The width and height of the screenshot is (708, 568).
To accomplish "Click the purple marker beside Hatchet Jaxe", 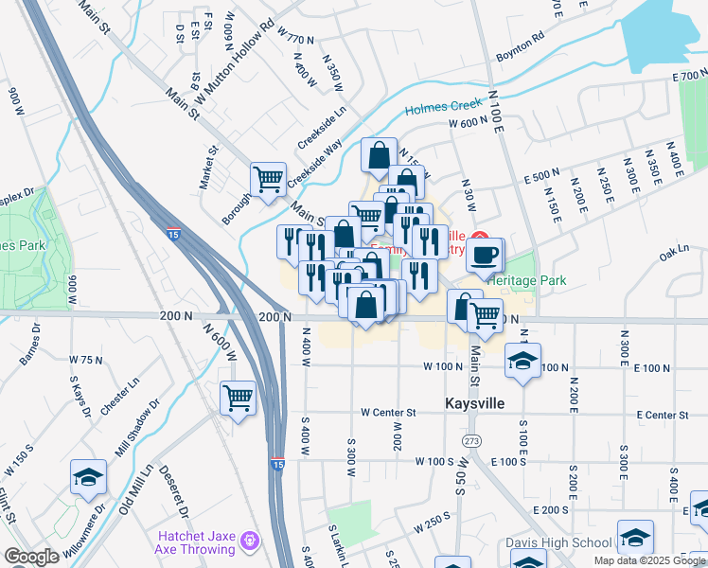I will (x=250, y=541).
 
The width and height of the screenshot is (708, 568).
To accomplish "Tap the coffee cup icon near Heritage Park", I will (x=485, y=256).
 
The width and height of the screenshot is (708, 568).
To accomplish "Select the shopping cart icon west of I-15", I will (x=238, y=397).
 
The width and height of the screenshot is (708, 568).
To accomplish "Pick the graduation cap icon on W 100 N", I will (x=522, y=362).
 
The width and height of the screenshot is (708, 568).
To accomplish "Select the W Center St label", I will (x=388, y=413).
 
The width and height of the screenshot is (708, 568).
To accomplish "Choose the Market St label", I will (x=208, y=168).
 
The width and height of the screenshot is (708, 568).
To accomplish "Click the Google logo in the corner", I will (x=31, y=557).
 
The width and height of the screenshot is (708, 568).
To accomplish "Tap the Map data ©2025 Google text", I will (x=649, y=560).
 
